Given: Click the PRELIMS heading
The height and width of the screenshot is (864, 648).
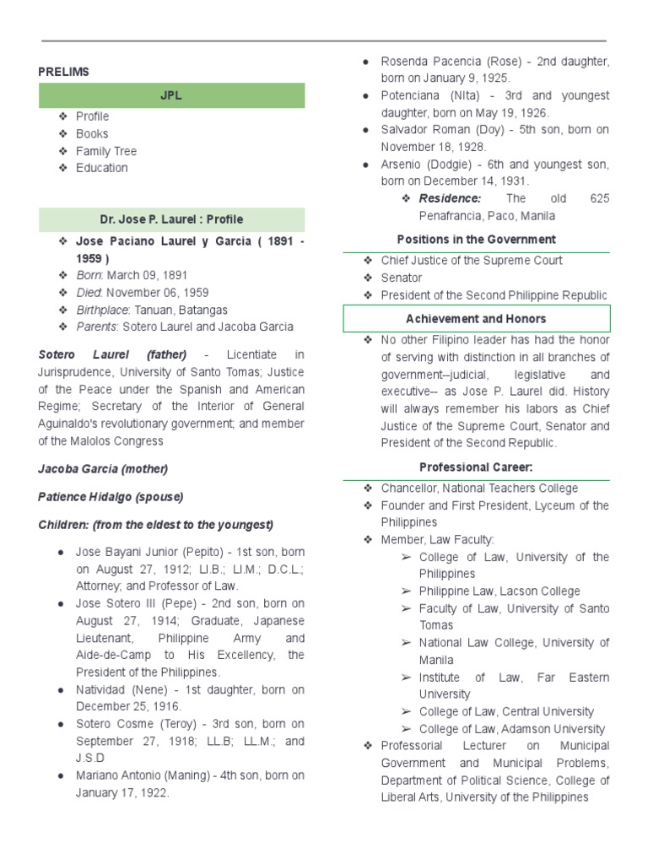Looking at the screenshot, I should (63, 72).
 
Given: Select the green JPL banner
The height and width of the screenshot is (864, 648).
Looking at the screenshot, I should (171, 96).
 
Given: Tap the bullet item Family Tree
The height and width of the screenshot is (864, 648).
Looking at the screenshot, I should (105, 151).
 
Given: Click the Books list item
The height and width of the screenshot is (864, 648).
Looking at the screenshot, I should (92, 133).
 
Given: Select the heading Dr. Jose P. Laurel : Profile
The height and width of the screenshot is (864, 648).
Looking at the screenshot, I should (171, 219).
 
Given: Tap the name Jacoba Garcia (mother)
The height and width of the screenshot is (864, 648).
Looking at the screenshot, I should (103, 468).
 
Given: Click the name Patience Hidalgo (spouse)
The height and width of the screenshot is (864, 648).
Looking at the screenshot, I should (111, 496).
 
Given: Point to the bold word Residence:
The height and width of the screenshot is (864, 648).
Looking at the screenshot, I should (450, 198).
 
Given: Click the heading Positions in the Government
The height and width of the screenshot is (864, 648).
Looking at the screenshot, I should (476, 240).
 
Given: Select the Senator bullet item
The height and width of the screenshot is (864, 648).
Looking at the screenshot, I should (401, 278).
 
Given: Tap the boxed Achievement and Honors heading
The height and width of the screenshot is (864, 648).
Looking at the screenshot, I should (476, 319).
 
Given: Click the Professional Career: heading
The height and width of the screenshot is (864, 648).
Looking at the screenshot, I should (476, 467).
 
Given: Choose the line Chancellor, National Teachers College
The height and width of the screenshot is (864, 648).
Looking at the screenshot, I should (479, 488).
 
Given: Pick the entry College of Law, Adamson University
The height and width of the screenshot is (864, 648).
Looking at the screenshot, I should (511, 729).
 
